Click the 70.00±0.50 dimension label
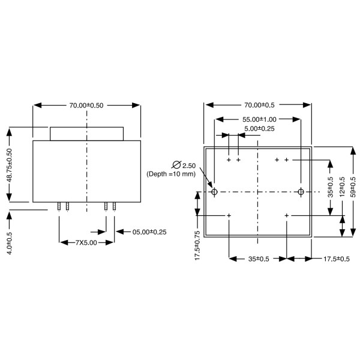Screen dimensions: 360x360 pos(86,105)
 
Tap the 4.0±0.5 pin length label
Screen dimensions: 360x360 pos(10,240)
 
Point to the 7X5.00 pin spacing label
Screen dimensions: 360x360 pos(87,242)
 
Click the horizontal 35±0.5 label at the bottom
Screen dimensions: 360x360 pos(257,259)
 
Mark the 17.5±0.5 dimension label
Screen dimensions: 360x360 pos(335,259)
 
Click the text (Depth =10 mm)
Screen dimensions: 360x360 pos(171,174)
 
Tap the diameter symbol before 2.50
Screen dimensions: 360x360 pos(176,164)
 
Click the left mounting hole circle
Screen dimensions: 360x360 pos(214,192)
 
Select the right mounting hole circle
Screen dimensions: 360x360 pos(301,192)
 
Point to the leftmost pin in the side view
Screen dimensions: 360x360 pos(59,206)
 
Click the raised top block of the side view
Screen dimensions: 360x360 pos(86,133)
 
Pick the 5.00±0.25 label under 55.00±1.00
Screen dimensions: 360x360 pos(259,128)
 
